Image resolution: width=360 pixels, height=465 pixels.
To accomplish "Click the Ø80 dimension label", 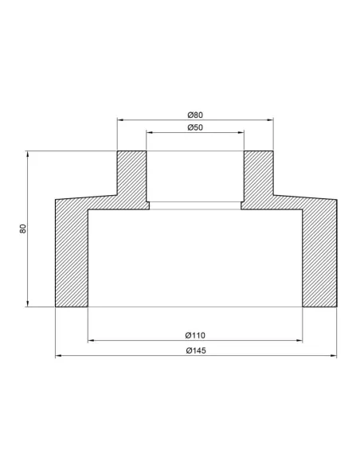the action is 195,115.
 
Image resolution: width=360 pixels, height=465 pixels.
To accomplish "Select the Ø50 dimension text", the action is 195,127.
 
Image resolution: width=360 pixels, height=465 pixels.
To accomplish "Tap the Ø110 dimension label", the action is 195,335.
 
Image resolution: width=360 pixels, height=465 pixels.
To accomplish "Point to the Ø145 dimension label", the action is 196,350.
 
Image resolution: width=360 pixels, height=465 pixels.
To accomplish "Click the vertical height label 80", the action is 23,229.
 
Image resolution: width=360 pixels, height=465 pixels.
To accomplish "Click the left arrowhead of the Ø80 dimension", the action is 120,119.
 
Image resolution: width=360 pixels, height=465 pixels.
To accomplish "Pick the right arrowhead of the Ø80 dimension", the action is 270,119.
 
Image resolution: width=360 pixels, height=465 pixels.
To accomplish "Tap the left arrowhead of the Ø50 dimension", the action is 150,132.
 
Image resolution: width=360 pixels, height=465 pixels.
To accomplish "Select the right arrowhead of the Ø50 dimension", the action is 241,132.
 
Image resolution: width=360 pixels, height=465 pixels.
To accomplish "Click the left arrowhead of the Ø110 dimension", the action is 91,341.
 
